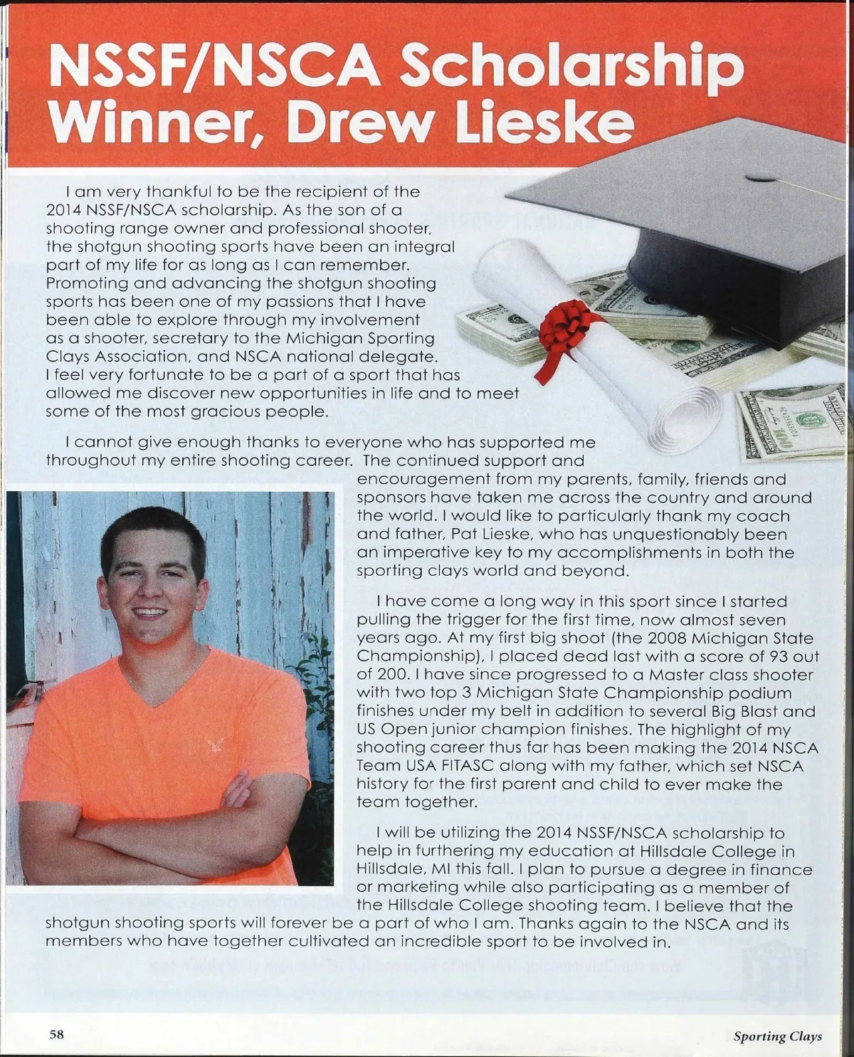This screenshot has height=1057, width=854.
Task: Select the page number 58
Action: [56, 1035]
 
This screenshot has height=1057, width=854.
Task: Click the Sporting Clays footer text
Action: [777, 1036]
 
